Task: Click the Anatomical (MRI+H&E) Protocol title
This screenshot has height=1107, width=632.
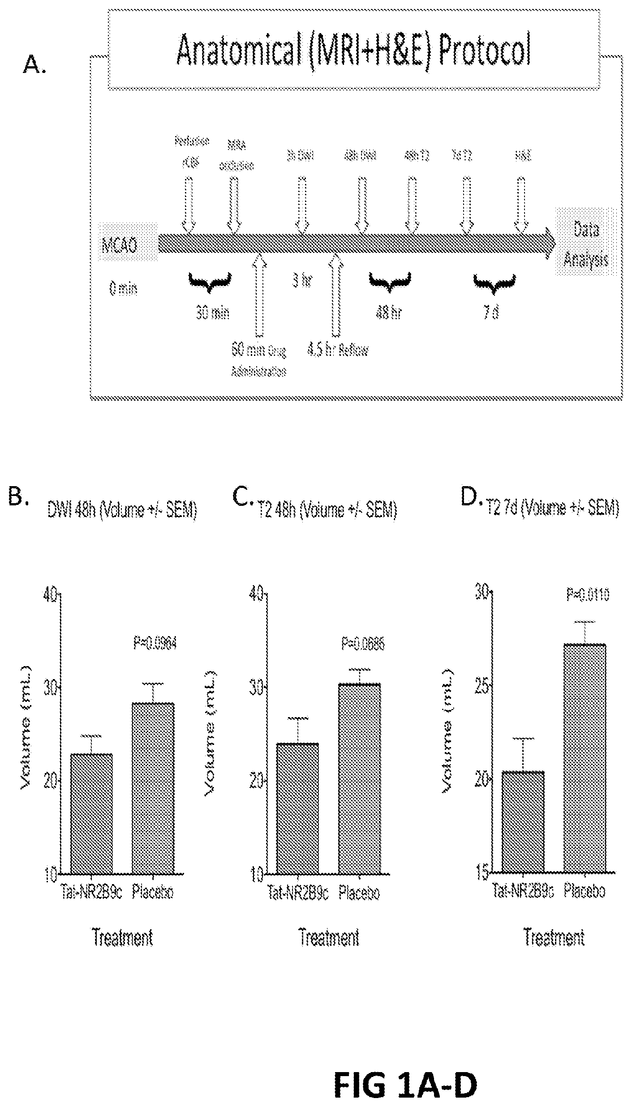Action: click(353, 51)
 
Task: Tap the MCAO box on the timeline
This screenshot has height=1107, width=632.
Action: click(119, 246)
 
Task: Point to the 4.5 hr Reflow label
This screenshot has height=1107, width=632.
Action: click(337, 350)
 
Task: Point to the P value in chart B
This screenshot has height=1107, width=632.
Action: click(155, 643)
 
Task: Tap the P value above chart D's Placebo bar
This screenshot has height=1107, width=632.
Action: click(588, 595)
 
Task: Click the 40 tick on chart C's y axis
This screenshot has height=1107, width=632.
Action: click(257, 595)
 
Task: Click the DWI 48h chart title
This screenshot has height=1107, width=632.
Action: click(122, 510)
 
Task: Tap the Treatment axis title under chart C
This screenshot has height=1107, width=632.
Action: click(329, 937)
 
